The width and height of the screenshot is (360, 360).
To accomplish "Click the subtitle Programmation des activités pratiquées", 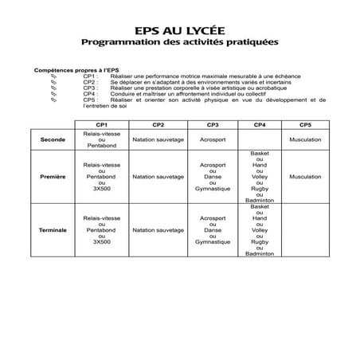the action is click(x=179, y=40).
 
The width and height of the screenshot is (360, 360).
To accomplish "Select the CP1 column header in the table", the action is click(x=101, y=126).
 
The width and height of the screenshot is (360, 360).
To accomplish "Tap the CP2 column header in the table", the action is click(x=158, y=126).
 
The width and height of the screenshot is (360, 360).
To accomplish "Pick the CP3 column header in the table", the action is click(x=213, y=126).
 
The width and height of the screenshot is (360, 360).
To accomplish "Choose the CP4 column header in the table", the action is click(x=260, y=126).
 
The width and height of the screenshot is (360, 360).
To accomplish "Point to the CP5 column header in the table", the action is click(x=306, y=126).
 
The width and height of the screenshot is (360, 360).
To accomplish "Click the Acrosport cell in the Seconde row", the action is click(x=213, y=139).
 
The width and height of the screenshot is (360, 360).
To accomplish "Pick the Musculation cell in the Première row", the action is click(x=306, y=176).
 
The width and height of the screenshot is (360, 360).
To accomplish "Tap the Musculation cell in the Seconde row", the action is click(x=306, y=139).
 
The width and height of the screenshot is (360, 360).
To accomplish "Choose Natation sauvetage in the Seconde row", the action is click(x=158, y=139).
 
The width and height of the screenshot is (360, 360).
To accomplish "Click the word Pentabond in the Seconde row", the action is click(x=101, y=146).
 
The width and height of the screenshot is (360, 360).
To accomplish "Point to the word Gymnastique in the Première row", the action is click(x=213, y=189).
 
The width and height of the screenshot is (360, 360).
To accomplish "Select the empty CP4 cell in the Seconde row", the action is click(x=260, y=139).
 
